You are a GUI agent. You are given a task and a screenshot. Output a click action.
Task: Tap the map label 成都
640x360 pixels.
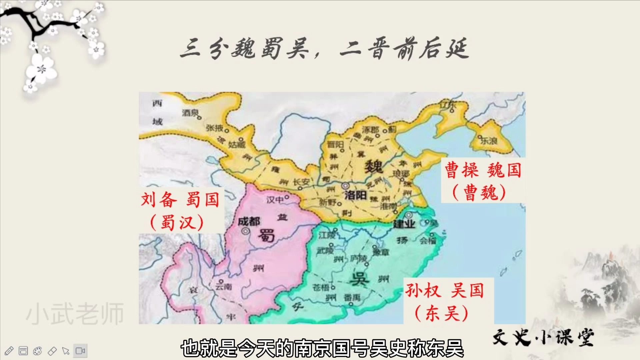pos(249,221)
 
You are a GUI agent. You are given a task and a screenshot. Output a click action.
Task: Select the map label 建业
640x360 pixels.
pos(404,224)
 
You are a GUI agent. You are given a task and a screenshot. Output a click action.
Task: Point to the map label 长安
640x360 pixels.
pos(301,182)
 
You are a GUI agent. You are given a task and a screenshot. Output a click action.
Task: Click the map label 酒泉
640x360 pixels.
pos(190,113)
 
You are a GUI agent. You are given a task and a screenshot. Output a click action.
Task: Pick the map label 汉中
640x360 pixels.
pos(275,199)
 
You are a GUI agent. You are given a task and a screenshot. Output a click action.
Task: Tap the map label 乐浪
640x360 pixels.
pos(489,141)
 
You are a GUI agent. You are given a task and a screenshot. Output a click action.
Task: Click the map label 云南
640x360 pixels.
pos(223,286)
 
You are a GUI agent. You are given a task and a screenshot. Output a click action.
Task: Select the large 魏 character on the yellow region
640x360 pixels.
pos(373,166)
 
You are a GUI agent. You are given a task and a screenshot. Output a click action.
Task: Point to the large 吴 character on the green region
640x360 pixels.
pos(359,279)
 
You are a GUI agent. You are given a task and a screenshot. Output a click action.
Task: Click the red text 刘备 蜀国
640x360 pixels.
pos(180,200)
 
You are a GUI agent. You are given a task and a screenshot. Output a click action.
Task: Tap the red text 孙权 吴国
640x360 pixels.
pos(444,290)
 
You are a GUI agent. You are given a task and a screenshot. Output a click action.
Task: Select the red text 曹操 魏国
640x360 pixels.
pos(483,170)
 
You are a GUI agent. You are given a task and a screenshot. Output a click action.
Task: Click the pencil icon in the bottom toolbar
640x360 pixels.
pos(9,351)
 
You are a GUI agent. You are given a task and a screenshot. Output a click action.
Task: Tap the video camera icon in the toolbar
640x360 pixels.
pos(80,351)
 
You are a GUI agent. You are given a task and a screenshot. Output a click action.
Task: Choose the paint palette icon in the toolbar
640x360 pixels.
pos(37,351)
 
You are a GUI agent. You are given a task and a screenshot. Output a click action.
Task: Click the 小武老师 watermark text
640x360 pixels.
pos(75,314)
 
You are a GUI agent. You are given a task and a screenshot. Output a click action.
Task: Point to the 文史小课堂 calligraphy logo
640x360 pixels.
pos(543,337)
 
